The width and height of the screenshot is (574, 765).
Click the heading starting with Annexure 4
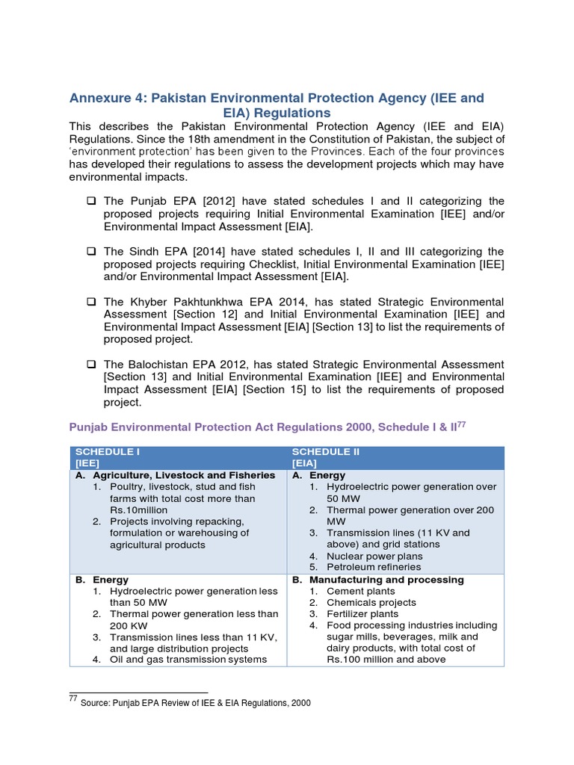[x=277, y=105]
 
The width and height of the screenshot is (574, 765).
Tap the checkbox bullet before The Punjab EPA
[x=91, y=201]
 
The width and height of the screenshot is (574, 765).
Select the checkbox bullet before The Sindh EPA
[x=91, y=252]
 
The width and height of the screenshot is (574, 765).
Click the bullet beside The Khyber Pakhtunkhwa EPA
[x=91, y=302]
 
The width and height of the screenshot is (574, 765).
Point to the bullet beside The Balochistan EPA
[x=91, y=364]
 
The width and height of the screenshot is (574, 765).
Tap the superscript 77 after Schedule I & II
[x=461, y=424]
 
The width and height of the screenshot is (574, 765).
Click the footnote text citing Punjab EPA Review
[x=195, y=703]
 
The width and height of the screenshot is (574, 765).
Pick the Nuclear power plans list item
[x=374, y=556]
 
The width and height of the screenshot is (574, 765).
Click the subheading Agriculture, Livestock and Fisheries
[x=184, y=475]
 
